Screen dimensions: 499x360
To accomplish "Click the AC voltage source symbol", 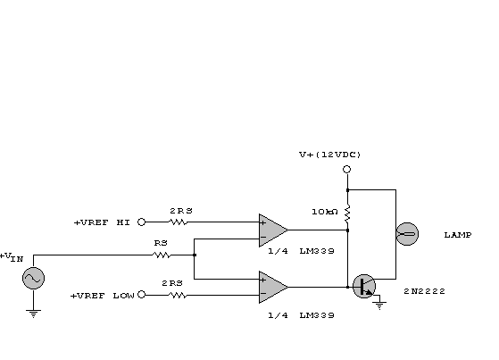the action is point(33,278).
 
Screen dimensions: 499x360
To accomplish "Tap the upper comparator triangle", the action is point(273,230).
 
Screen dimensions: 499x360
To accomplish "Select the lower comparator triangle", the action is point(273,287).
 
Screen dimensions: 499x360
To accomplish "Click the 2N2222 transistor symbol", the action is point(364,286).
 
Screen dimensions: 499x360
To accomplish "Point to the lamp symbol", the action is point(407,234).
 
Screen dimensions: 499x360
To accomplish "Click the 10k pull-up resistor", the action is point(347,213).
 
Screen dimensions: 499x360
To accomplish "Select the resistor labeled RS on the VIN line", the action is point(162,255).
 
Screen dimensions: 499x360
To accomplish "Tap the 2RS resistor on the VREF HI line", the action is point(179,222).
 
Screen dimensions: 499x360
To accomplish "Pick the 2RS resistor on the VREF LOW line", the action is point(178,296).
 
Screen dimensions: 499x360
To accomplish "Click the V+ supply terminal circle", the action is point(347,169).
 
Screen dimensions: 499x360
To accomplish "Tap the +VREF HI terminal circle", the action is point(142,222).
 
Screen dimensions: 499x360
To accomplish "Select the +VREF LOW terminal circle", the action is point(142,295).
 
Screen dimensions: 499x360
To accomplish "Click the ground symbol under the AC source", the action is point(33,314).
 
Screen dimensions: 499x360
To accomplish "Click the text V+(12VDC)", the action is point(330,155).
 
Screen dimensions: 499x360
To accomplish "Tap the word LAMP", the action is point(458,235).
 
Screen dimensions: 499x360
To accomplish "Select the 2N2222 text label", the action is point(424,291).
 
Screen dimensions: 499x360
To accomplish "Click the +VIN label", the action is point(12,256).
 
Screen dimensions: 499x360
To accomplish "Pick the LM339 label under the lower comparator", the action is point(317,315).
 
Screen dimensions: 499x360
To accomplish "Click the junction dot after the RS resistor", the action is point(195,255).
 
